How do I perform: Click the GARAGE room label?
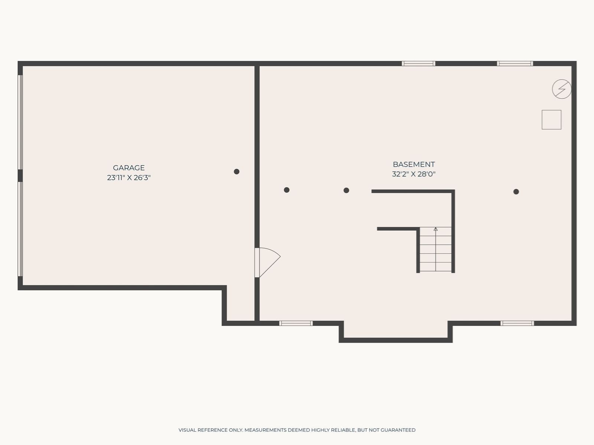point(129,168)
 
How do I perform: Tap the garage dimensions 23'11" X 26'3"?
point(129,178)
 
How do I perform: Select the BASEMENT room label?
point(414,164)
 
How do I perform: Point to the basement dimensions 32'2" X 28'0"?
point(414,174)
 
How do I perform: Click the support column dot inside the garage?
point(236,172)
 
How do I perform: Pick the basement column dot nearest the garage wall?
point(287,190)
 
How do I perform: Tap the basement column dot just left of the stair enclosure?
point(346,191)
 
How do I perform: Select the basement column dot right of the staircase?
point(516,192)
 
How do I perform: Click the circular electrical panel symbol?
point(562,89)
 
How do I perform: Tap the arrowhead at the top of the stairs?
point(435,229)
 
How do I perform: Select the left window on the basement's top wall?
point(418,63)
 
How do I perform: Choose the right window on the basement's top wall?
point(515,63)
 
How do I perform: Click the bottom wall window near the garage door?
point(296,323)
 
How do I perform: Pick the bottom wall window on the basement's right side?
point(517,323)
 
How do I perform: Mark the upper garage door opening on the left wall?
point(20,122)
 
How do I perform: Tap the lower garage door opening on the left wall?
point(20,229)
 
